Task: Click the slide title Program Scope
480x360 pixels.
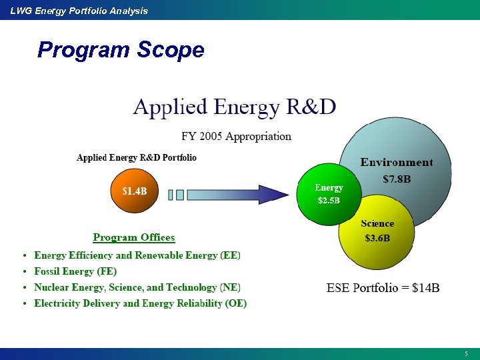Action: click(x=121, y=50)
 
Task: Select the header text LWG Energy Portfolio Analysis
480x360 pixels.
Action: click(x=79, y=11)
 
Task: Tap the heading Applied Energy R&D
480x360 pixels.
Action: click(x=234, y=107)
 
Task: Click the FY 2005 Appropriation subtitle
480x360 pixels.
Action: click(x=236, y=137)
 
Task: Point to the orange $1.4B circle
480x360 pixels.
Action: click(x=135, y=191)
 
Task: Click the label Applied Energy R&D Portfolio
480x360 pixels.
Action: click(x=137, y=158)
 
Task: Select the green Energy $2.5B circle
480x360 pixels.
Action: click(x=329, y=194)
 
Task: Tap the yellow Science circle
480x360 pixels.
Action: click(x=377, y=240)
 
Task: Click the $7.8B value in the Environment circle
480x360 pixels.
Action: click(x=397, y=179)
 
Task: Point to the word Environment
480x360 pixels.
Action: click(x=397, y=163)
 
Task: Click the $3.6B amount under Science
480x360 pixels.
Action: click(x=377, y=238)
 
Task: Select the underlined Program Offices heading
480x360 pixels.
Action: click(x=134, y=238)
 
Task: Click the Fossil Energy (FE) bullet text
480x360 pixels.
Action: click(x=75, y=271)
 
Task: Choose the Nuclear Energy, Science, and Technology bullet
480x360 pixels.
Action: click(x=137, y=287)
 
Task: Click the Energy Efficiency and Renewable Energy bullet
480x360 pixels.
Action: click(x=137, y=255)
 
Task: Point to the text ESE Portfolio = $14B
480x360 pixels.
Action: click(x=383, y=288)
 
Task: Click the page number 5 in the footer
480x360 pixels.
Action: click(x=467, y=353)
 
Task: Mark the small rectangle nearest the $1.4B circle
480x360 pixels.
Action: click(x=171, y=195)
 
